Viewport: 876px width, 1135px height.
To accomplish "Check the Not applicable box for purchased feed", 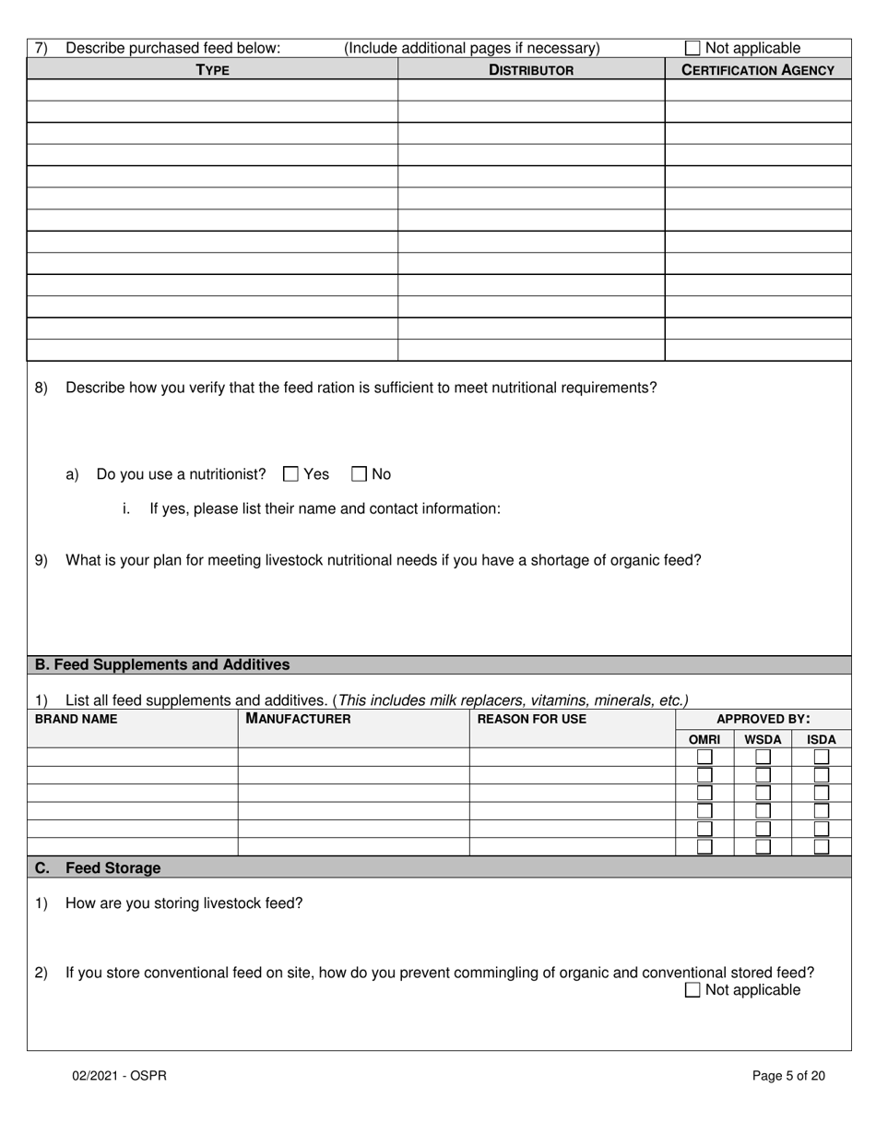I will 693,48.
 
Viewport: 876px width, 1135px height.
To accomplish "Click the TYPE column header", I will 212,70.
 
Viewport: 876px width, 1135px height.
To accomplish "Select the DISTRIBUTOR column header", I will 531,70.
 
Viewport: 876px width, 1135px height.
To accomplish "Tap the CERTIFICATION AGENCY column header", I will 758,70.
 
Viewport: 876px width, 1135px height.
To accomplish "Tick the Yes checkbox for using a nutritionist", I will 290,474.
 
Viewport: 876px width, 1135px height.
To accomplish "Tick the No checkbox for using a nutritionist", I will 360,474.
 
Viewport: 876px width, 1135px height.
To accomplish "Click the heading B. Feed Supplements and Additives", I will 162,664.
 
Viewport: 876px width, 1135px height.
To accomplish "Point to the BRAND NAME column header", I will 77,719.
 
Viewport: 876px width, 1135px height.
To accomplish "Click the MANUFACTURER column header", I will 298,719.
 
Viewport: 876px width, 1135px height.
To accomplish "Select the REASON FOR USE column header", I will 532,719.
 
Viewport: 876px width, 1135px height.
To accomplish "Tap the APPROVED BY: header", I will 763,719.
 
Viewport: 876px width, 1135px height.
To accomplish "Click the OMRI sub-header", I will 704,739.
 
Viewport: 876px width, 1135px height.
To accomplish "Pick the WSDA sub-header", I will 763,739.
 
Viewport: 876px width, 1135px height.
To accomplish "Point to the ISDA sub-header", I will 821,739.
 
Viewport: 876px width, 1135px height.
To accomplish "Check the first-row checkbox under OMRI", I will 704,757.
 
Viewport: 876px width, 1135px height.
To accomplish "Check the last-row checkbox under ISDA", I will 821,846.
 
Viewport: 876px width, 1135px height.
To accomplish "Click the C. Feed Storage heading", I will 98,868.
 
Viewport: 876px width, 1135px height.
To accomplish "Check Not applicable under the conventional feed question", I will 693,990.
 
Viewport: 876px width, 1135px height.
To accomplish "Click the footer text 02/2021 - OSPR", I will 120,1075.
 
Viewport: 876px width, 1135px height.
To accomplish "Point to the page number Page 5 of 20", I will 788,1075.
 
